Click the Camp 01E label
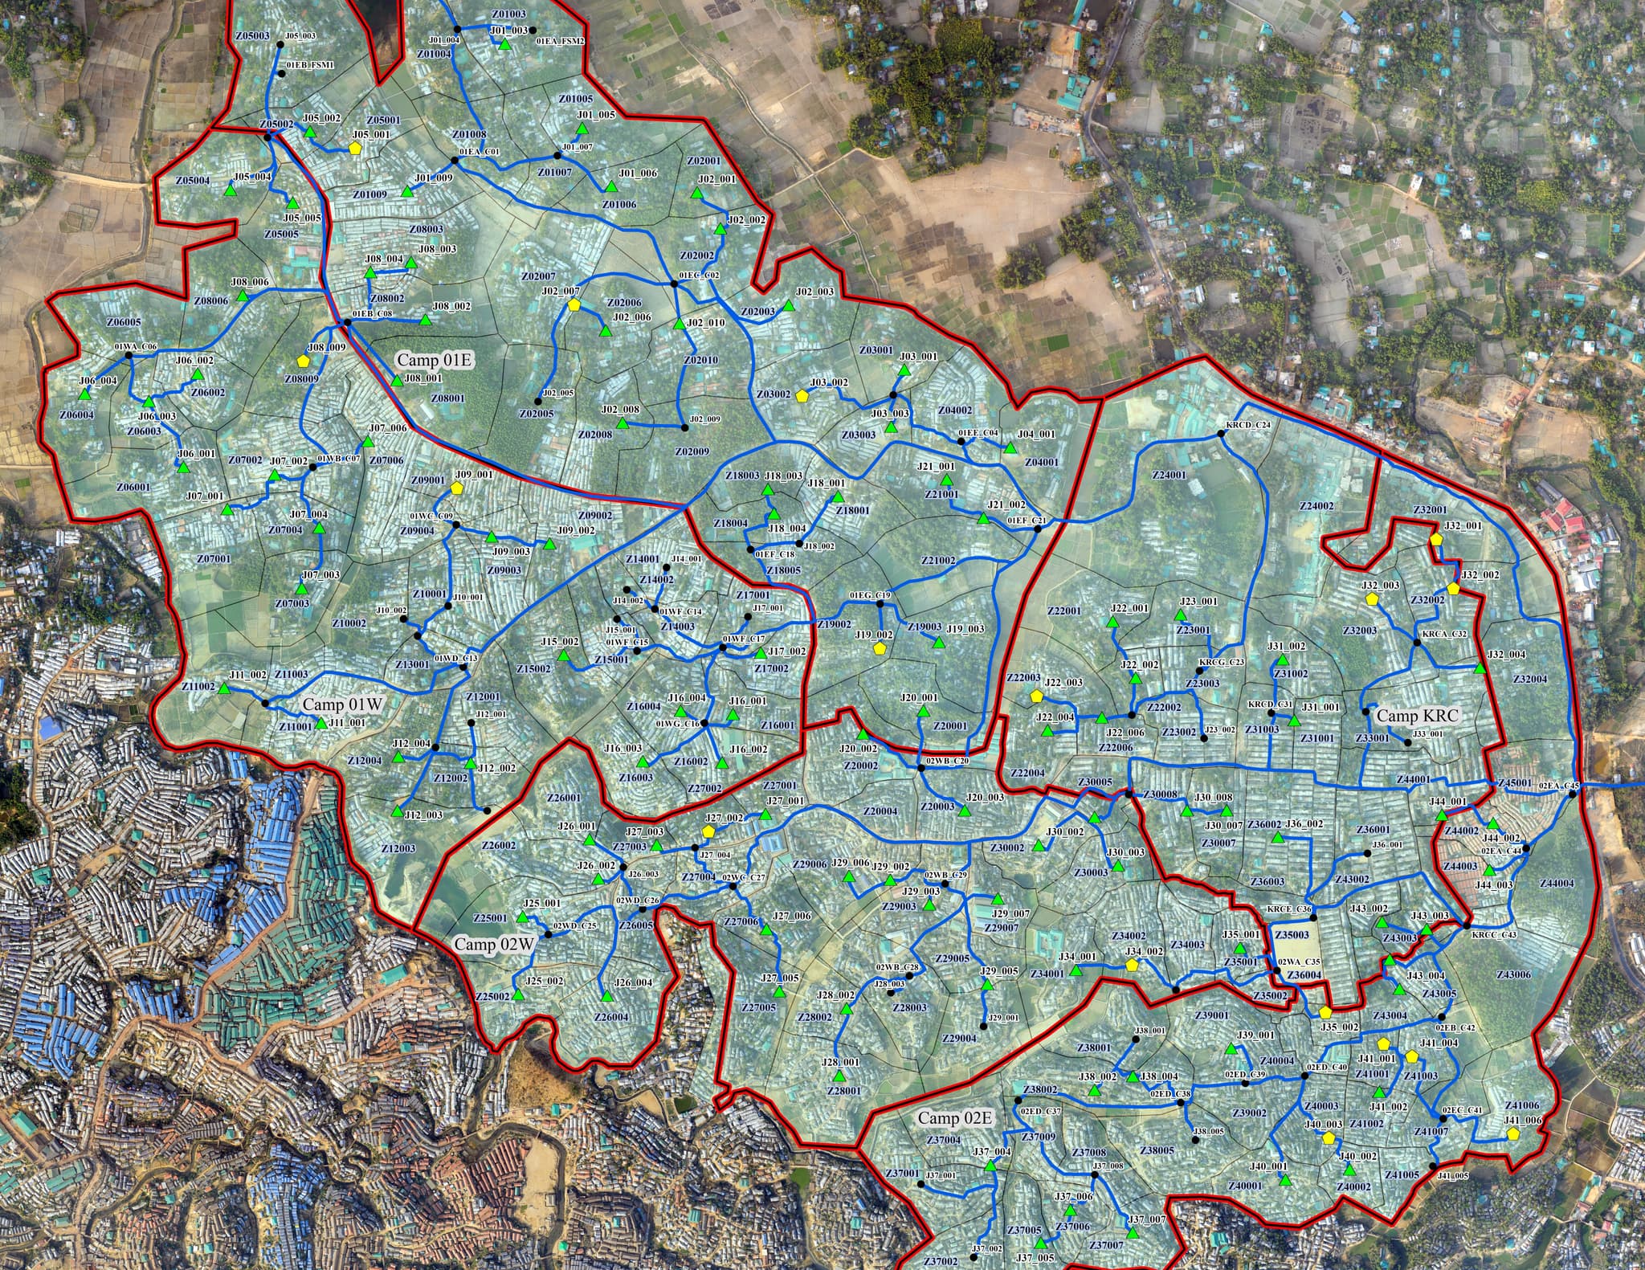pyautogui.click(x=435, y=360)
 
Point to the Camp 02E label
pyautogui.click(x=955, y=1118)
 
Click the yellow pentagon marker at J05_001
pyautogui.click(x=355, y=148)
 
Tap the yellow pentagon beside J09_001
pyautogui.click(x=457, y=488)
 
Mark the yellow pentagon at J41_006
pyautogui.click(x=1512, y=1133)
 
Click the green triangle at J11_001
pyautogui.click(x=321, y=724)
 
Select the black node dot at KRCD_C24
pyautogui.click(x=1220, y=433)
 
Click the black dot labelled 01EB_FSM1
pyautogui.click(x=281, y=73)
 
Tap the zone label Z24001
pyautogui.click(x=1169, y=476)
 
